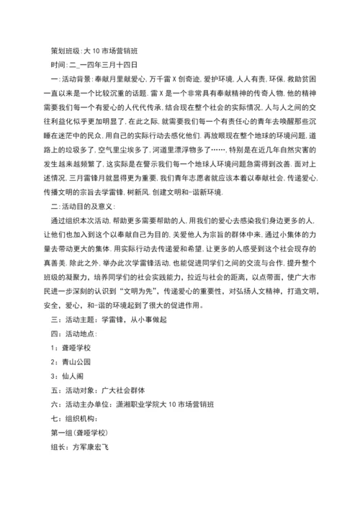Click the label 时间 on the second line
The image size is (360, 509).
58,63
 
